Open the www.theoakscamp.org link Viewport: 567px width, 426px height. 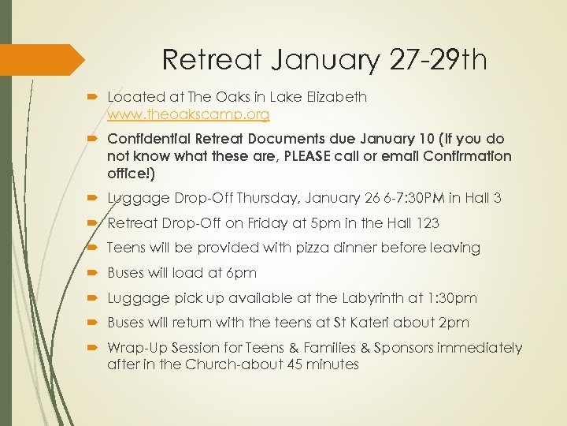coord(188,114)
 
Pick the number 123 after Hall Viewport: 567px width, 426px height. coord(424,222)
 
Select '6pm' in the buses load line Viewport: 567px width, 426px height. coord(241,273)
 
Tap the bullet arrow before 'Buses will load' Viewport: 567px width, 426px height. coord(94,273)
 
